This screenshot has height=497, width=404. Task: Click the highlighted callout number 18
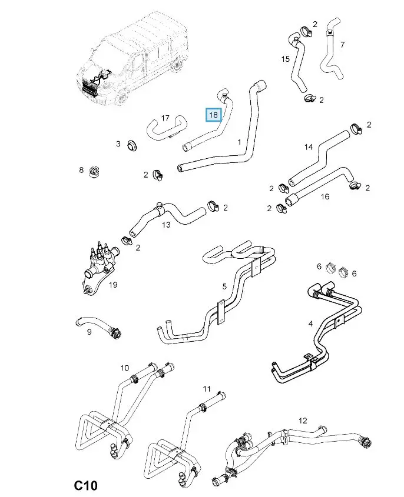coord(213,114)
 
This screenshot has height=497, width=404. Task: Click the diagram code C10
coord(85,486)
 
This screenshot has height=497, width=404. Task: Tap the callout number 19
coord(113,285)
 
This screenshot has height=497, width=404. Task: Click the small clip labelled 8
coord(93,172)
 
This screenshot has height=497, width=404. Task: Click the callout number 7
coord(342,45)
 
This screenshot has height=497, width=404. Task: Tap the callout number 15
coord(286,59)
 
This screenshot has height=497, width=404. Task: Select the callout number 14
coord(309,147)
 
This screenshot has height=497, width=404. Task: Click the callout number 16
coord(324,196)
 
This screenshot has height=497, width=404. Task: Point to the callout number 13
coord(166,225)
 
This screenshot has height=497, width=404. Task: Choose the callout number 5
coord(224,286)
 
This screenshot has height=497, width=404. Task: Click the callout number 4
coord(310,323)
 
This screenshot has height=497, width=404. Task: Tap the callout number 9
coord(89,332)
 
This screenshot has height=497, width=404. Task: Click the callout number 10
coord(125,368)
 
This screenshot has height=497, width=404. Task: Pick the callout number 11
coord(207,389)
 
